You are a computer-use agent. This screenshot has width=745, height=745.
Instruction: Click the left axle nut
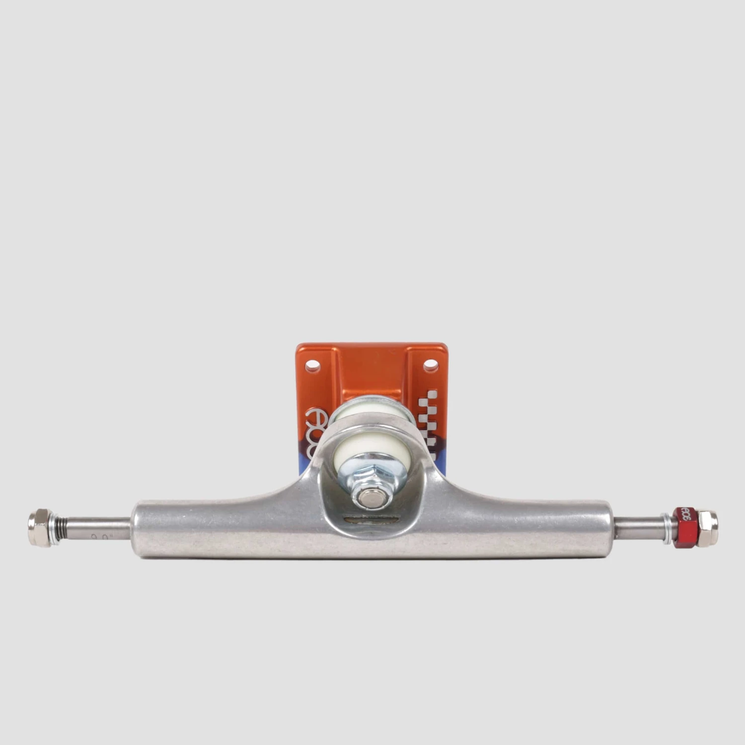[39, 527]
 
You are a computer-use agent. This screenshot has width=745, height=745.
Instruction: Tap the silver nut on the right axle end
[707, 528]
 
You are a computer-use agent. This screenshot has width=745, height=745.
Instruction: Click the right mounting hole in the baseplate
[430, 366]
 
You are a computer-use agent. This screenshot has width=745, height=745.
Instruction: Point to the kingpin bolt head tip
[370, 498]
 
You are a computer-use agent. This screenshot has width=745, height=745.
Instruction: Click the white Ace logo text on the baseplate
[316, 428]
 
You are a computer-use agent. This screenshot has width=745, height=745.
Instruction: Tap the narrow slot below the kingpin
[370, 520]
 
